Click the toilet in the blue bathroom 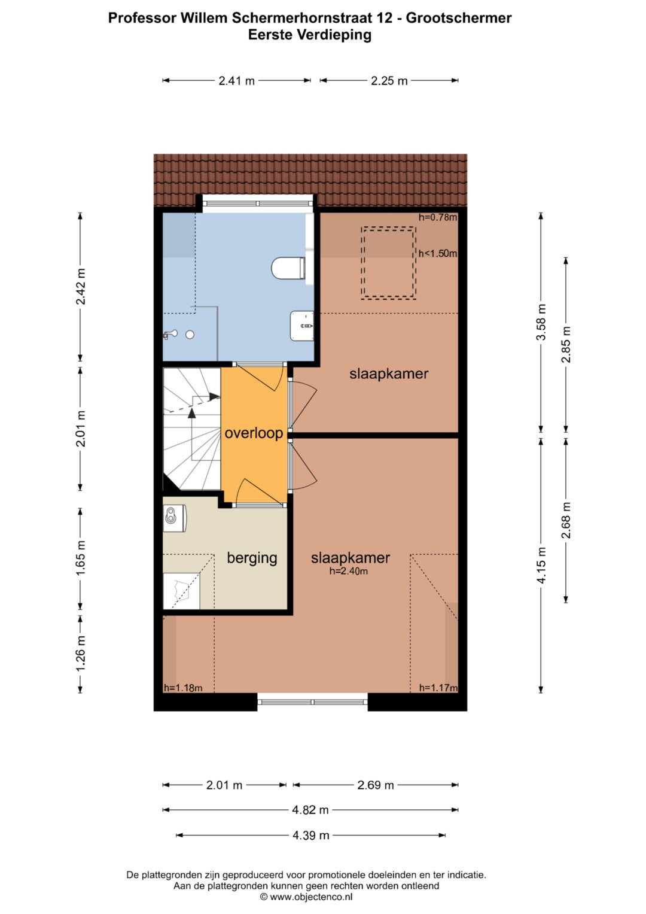[288, 268]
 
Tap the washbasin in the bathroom [302, 326]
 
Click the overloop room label [254, 433]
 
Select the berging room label [252, 557]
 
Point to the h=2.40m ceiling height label [348, 571]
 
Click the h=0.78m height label [438, 217]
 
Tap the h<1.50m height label [438, 253]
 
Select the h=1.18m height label [183, 688]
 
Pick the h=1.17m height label [438, 688]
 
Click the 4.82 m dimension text [310, 810]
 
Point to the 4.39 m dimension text [311, 835]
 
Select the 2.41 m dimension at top [236, 81]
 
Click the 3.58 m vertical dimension [541, 323]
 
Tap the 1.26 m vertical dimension [80, 653]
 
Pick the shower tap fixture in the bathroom [170, 335]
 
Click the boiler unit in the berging [175, 518]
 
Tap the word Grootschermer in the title [459, 18]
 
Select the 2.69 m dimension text [376, 785]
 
